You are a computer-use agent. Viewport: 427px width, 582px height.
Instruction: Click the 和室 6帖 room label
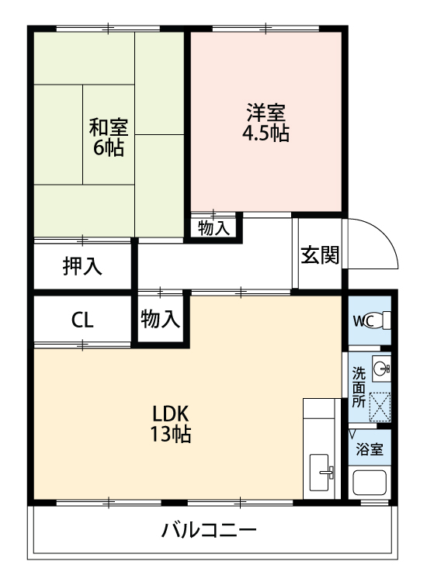click(x=108, y=137)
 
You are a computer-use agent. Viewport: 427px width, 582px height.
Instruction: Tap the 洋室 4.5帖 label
click(x=267, y=123)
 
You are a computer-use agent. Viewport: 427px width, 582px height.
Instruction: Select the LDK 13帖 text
click(x=171, y=424)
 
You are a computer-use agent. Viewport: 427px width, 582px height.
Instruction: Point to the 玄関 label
click(x=319, y=255)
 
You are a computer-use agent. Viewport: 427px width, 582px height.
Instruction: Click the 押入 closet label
click(x=82, y=266)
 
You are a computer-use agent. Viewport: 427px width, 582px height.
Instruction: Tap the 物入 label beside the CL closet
click(x=161, y=318)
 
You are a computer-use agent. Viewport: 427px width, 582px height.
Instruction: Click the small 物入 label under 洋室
click(x=213, y=228)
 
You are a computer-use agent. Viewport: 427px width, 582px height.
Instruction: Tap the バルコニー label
click(x=209, y=532)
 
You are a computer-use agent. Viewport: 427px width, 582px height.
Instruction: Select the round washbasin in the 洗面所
click(x=381, y=369)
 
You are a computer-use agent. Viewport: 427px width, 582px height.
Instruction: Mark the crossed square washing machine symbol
click(x=380, y=405)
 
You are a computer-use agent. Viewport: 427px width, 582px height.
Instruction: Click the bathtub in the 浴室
click(x=370, y=482)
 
